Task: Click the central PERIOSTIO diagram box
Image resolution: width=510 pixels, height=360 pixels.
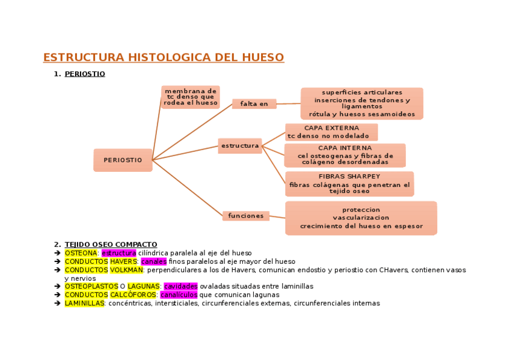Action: tap(123, 160)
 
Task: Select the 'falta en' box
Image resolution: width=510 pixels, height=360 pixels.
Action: tap(254, 104)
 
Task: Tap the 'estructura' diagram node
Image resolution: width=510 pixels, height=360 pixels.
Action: tap(240, 146)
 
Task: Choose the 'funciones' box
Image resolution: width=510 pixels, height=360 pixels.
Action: tap(245, 216)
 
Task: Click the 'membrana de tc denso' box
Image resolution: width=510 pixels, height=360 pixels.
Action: tap(191, 97)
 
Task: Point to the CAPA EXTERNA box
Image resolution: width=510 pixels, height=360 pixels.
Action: tap(331, 132)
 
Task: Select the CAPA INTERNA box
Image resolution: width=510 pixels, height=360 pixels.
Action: tap(345, 155)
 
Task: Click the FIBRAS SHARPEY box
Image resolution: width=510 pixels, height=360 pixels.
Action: tap(349, 184)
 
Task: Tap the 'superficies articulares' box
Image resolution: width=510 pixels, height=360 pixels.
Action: tap(362, 103)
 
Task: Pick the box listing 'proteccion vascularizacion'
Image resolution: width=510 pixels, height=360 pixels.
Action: tap(361, 218)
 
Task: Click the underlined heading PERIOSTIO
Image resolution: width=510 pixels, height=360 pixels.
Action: tap(85, 74)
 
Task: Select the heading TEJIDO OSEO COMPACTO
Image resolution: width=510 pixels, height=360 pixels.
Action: tap(111, 245)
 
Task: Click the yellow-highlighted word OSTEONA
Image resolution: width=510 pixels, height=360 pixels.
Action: tap(81, 253)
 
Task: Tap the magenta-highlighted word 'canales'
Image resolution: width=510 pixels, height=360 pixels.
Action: tap(153, 261)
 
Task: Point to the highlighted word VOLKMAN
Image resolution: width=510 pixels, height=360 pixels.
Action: tap(126, 270)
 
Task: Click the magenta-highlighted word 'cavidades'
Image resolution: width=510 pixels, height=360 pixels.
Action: tap(180, 287)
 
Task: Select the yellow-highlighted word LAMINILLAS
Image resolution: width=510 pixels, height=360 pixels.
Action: tap(84, 304)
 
